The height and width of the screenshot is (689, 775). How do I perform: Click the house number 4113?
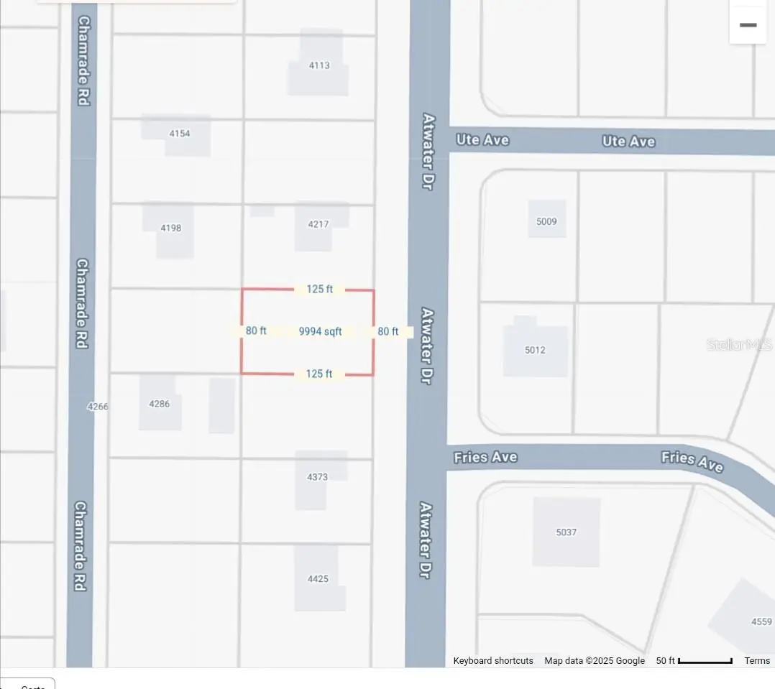319,65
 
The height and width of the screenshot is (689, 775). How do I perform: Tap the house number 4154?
179,134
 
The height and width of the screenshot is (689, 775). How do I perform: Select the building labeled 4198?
171,228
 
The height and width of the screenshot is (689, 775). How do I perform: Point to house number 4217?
318,224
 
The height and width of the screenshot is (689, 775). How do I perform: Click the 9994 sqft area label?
320,331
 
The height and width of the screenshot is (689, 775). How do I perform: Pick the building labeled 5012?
535,350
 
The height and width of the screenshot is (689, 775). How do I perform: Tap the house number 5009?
546,221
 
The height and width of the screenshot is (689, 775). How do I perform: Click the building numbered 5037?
567,532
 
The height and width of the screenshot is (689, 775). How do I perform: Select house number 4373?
317,476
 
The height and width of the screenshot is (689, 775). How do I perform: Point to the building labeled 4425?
318,578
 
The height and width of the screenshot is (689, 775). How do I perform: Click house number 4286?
160,404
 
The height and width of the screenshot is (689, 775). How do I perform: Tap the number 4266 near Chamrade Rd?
98,407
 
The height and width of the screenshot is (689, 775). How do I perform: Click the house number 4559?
761,621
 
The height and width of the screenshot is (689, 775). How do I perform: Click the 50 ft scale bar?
705,661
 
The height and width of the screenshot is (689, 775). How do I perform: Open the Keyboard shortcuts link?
493,661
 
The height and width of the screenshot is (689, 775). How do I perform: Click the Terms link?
757,661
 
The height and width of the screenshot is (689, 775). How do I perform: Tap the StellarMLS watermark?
738,345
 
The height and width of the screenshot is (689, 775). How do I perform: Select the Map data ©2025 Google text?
595,661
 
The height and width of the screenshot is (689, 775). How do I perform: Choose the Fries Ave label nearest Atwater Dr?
486,457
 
